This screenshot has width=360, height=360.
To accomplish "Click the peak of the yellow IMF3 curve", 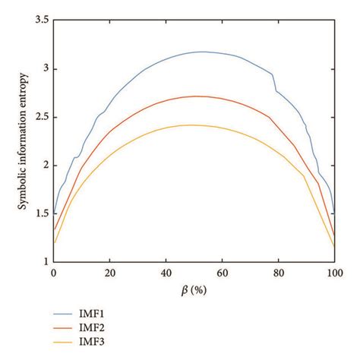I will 190,125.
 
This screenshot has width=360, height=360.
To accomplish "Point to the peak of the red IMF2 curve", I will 196,96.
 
